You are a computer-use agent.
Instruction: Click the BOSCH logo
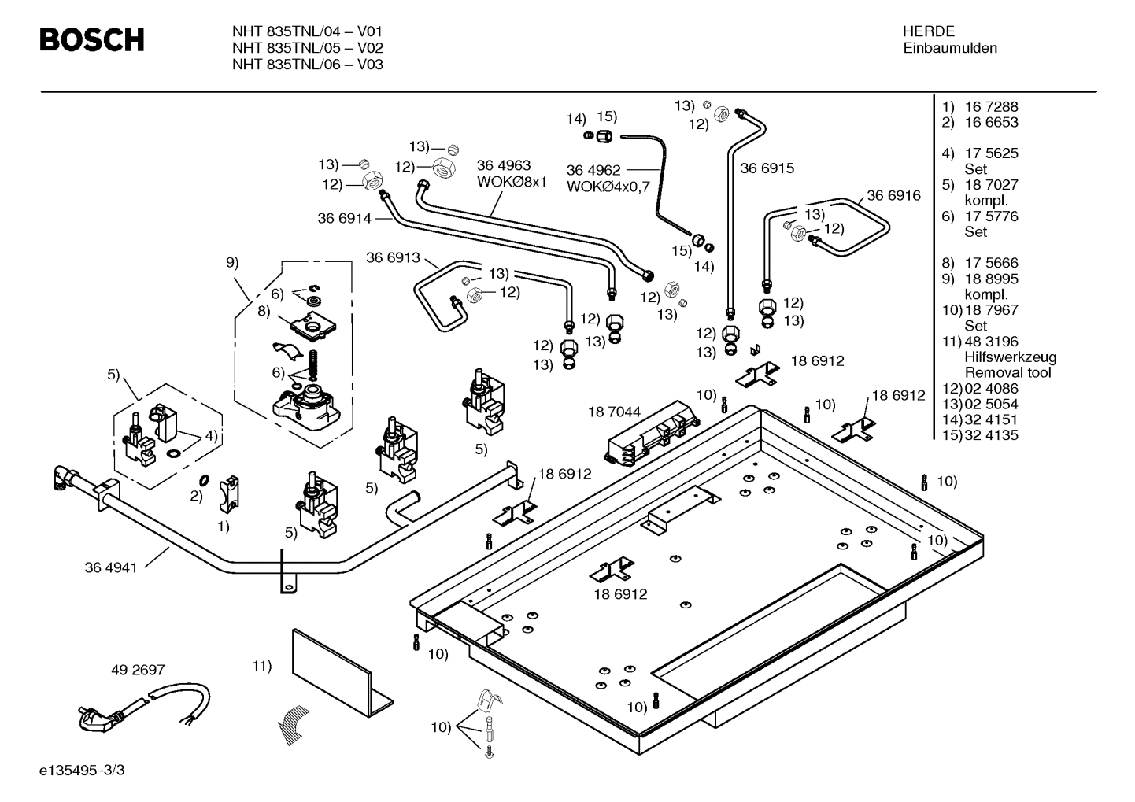92,39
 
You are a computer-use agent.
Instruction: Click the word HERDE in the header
928,31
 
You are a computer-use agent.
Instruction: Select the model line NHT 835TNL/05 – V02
308,48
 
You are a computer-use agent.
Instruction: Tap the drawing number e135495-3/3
82,770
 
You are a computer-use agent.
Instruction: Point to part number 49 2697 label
138,670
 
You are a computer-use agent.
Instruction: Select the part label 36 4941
111,567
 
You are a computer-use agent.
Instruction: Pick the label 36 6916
893,195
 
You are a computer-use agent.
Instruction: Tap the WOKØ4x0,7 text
608,187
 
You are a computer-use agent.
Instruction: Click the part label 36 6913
394,257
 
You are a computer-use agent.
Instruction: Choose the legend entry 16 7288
991,106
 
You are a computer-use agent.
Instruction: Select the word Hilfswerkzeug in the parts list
1011,357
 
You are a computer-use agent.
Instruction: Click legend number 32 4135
991,435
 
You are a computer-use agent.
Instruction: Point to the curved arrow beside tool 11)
292,726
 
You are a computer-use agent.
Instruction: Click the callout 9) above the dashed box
232,262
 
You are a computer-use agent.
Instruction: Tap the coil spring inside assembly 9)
313,363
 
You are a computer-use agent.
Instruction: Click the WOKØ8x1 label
512,182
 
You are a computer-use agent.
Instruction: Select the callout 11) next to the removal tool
262,665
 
